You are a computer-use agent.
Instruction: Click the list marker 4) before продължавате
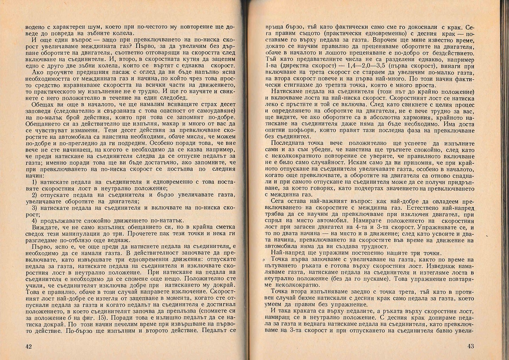tap(36, 221)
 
